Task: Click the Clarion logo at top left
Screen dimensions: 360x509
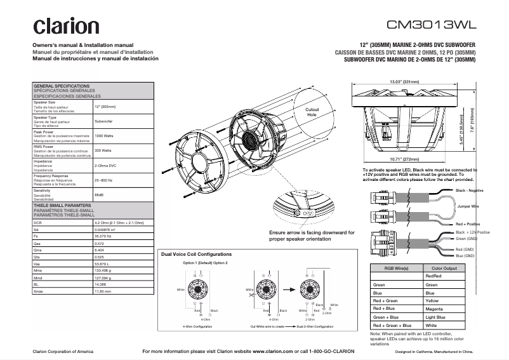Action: click(66, 26)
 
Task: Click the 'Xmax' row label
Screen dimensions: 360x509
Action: click(38, 291)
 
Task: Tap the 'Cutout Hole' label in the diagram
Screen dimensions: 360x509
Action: click(312, 112)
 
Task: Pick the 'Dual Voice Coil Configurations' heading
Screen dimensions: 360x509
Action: click(197, 254)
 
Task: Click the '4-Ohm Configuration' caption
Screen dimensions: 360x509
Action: click(197, 326)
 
